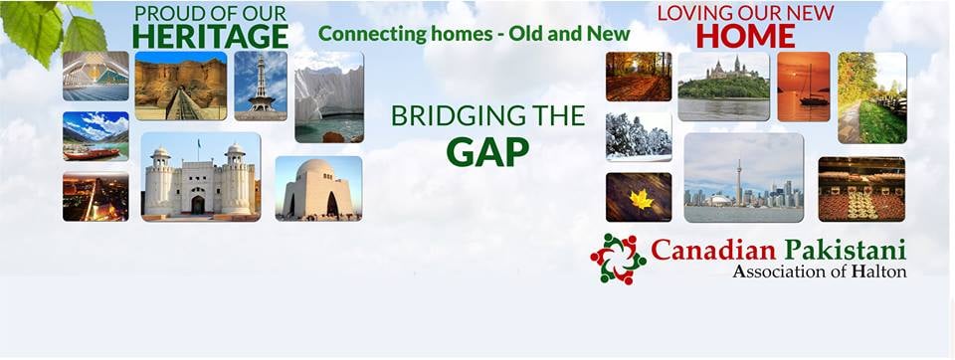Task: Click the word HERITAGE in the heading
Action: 210,36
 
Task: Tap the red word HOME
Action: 745,36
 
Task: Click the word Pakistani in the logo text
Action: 845,250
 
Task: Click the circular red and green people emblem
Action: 618,259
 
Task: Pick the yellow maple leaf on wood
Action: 641,199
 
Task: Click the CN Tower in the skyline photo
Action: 739,182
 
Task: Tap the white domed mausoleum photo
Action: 318,188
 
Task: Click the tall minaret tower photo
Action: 261,86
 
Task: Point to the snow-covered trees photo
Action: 639,137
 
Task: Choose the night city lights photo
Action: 95,196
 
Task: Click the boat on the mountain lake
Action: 92,155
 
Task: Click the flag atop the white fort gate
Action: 199,144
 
